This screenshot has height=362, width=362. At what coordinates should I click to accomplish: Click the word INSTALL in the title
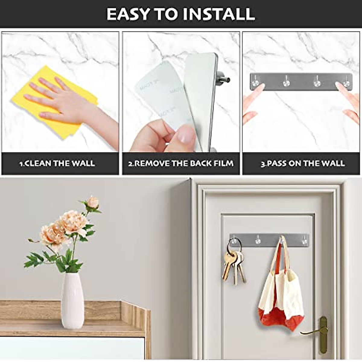pos(220,14)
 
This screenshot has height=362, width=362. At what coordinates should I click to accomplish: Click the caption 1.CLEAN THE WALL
pos(57,164)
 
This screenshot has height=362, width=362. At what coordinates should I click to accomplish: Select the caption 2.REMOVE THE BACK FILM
pos(181,164)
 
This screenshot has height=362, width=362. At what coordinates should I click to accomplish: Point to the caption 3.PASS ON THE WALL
pos(302,164)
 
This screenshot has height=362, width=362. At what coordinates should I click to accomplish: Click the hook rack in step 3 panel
pos(300,82)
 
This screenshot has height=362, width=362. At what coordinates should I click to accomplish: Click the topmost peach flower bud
pos(92,203)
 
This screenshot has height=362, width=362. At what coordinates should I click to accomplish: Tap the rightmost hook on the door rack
pos(304,240)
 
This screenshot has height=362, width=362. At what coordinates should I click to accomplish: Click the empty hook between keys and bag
pos(258,240)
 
